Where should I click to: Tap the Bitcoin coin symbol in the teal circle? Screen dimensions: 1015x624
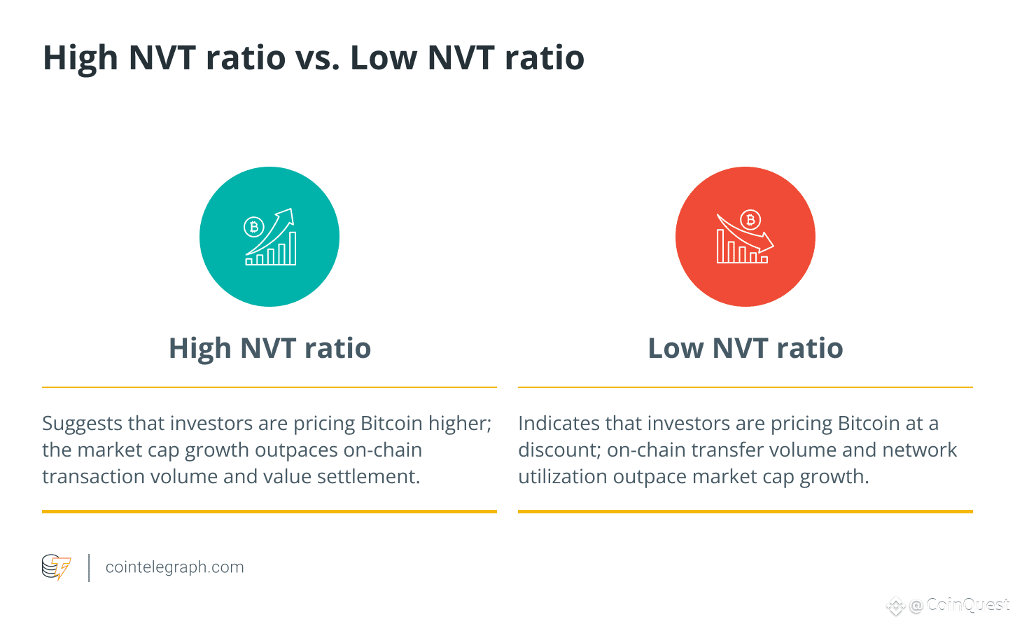253,227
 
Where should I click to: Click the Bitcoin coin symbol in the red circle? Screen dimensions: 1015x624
750,220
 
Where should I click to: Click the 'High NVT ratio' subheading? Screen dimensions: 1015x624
270,348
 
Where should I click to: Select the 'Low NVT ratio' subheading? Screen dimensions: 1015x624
745,348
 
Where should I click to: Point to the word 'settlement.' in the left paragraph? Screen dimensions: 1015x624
368,477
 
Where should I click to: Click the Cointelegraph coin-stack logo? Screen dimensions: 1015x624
56,567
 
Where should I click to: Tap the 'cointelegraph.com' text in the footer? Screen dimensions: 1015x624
174,567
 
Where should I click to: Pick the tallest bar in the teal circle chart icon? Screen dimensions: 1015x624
293,248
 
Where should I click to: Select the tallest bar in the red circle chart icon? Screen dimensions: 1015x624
720,247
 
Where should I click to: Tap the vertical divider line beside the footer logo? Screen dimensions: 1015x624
89,567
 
